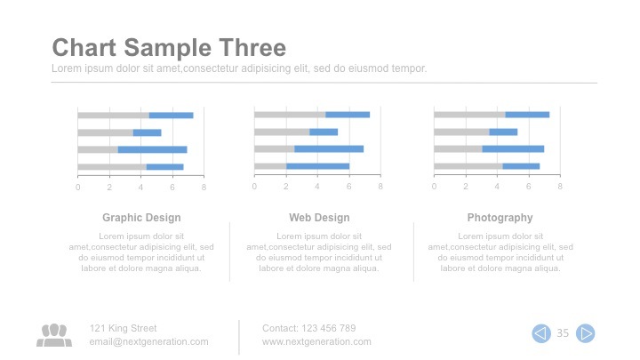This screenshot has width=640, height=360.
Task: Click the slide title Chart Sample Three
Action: click(x=169, y=48)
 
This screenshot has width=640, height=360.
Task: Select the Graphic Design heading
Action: click(x=141, y=218)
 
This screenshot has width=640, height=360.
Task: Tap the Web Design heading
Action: click(x=319, y=218)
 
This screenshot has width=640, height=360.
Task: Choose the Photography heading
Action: click(x=500, y=218)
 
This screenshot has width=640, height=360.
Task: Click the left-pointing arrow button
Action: click(x=540, y=333)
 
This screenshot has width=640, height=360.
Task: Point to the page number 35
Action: click(x=563, y=333)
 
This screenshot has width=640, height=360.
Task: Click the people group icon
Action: click(x=54, y=334)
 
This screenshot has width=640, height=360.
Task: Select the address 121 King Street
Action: click(x=123, y=328)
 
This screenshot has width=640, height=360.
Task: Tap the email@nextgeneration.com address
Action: click(x=148, y=341)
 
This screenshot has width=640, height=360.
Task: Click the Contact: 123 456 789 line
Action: click(x=308, y=328)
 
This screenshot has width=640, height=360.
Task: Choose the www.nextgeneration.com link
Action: click(x=316, y=341)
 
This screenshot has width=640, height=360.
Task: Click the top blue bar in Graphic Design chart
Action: click(x=171, y=116)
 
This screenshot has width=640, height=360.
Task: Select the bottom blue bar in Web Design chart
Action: click(x=317, y=166)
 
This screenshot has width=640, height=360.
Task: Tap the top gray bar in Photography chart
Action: click(x=469, y=115)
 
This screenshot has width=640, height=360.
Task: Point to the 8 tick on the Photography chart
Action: click(x=561, y=187)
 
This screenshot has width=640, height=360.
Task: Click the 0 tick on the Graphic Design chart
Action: click(x=77, y=187)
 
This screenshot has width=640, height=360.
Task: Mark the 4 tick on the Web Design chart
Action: click(x=317, y=187)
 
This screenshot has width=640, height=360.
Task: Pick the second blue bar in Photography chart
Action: click(x=503, y=132)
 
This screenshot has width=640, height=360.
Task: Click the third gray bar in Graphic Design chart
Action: click(x=98, y=149)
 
